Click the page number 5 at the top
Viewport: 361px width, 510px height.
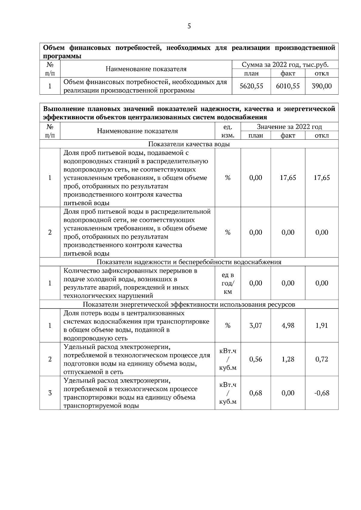pos(189,26)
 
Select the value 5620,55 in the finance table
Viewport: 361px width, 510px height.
pos(251,86)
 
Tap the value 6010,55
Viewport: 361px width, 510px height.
pos(288,86)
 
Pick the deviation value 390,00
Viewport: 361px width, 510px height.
pos(322,86)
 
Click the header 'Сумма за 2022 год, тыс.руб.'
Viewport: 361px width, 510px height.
pos(285,65)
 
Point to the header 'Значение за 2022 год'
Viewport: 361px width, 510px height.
pos(289,127)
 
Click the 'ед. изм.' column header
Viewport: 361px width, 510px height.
pos(228,131)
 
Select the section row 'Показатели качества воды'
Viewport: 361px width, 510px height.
pos(189,144)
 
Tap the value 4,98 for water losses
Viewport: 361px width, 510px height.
pos(288,326)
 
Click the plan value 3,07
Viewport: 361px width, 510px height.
pos(256,326)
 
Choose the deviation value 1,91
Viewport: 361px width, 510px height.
pos(322,326)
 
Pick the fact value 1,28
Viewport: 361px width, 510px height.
pos(288,359)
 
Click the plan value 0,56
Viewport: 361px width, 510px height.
pos(256,359)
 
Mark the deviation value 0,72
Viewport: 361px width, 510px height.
pos(322,359)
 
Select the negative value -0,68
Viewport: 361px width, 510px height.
pos(322,393)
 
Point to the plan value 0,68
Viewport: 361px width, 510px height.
pos(256,393)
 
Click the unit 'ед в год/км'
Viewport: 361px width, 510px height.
pos(228,283)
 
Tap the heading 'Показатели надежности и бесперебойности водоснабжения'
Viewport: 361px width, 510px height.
pos(189,262)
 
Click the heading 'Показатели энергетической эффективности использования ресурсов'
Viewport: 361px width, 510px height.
pos(189,305)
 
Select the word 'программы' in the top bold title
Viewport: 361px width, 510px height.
pos(62,56)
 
